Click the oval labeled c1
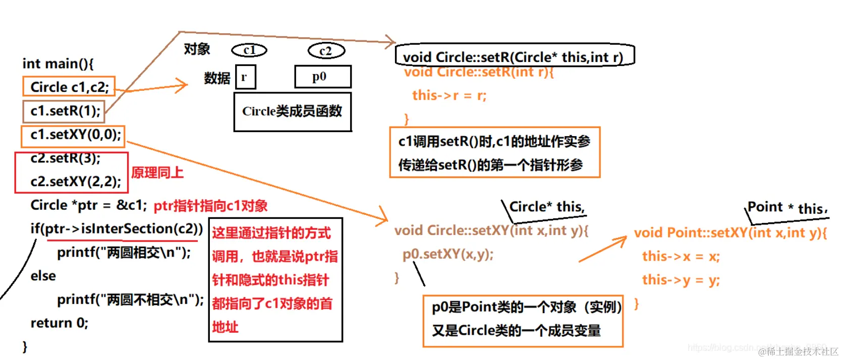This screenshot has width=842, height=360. tap(249, 50)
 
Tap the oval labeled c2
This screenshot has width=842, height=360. tap(326, 50)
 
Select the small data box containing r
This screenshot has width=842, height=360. tap(245, 77)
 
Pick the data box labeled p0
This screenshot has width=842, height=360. tap(322, 77)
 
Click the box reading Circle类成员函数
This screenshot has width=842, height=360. tap(292, 111)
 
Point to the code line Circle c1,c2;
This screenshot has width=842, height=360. tap(69, 87)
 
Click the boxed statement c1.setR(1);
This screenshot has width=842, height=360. tap(64, 111)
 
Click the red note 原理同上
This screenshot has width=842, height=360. tap(157, 173)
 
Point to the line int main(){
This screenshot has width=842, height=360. tap(58, 64)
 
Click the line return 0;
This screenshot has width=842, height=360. tap(59, 323)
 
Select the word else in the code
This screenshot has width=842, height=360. tap(43, 276)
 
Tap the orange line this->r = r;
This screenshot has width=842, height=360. tap(449, 95)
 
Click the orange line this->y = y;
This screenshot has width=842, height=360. tap(681, 280)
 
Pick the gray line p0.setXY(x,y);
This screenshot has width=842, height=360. tap(447, 254)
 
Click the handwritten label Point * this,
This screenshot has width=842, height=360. tap(787, 208)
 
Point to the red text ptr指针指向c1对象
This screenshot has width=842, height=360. tap(210, 206)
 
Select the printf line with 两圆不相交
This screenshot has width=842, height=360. tap(130, 299)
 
